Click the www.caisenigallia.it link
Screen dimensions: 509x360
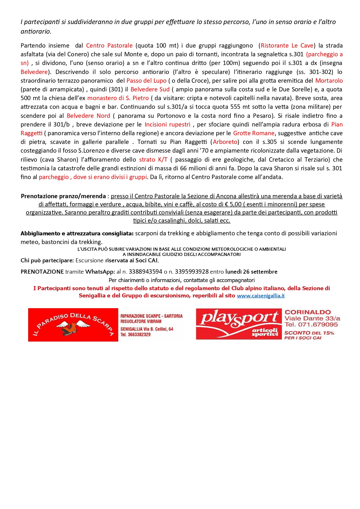(260, 296)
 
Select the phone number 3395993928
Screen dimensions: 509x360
(192, 272)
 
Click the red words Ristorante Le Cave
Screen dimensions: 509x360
(287, 46)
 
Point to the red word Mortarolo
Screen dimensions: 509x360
(329, 81)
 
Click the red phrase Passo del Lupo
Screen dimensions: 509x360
(146, 81)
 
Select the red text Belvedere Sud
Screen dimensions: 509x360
(150, 89)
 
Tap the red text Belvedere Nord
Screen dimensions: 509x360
(88, 116)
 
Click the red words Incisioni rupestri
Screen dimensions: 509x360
(167, 124)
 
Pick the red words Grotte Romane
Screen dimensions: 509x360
(254, 133)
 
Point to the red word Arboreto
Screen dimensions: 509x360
(225, 142)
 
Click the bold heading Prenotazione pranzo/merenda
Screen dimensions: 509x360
(63, 196)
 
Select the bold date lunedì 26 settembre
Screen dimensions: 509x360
(251, 272)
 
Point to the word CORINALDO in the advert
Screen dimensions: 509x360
(308, 312)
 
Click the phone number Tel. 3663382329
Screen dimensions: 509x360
(135, 335)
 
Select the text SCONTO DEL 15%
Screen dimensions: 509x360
(309, 333)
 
